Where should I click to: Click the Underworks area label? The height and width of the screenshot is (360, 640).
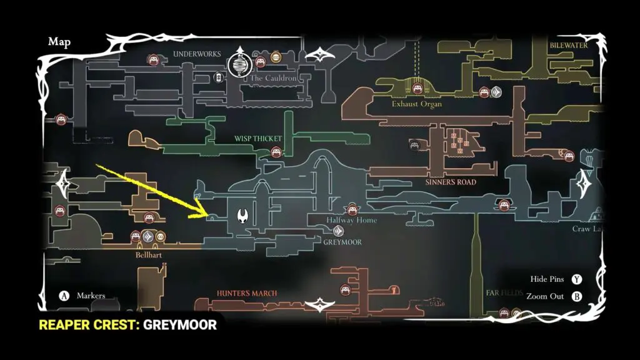(x=197, y=54)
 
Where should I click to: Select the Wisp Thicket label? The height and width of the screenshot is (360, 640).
(x=258, y=139)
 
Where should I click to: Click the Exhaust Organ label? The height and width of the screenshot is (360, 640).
(x=417, y=104)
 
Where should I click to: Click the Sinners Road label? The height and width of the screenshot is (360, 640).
(x=451, y=182)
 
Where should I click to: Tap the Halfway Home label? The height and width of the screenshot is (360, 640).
(x=352, y=220)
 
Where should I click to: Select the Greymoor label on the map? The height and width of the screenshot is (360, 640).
(x=342, y=242)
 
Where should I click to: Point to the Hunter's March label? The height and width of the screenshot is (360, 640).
(x=247, y=293)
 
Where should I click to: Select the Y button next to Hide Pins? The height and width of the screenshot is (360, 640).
(x=577, y=279)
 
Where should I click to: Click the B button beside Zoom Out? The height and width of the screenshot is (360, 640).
(x=577, y=296)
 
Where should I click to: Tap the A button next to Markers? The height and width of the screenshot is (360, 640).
(x=64, y=296)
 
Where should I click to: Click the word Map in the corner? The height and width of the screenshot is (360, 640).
(x=59, y=42)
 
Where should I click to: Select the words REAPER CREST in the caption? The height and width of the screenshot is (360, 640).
(x=89, y=325)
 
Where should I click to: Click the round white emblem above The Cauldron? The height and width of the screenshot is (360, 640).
(x=238, y=62)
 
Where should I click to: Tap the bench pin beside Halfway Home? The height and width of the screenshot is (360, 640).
(x=352, y=208)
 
